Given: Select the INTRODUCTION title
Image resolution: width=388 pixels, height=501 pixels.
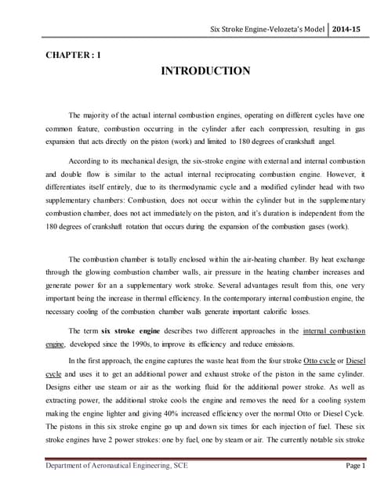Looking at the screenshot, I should click(205, 71).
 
